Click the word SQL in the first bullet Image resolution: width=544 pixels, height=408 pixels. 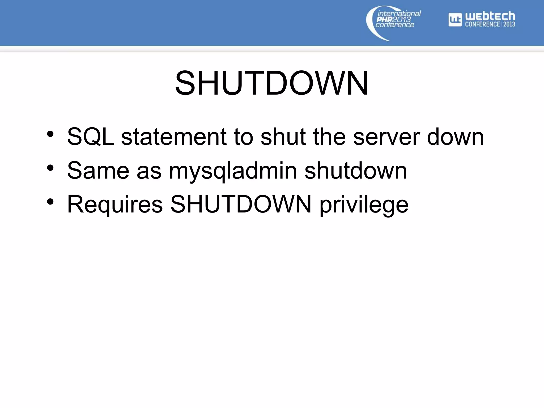(91, 137)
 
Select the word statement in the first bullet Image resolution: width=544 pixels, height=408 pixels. (174, 137)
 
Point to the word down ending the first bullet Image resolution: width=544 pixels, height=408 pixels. (455, 137)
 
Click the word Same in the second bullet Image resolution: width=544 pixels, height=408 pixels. (98, 171)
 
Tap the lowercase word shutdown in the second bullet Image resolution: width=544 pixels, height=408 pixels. (356, 171)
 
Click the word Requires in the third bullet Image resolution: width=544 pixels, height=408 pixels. (115, 205)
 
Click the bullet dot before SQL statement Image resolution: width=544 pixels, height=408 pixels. (50, 134)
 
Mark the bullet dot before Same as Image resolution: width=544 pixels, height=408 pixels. (50, 168)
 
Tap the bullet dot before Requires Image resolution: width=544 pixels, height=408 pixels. (50, 202)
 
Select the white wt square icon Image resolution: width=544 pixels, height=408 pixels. (455, 20)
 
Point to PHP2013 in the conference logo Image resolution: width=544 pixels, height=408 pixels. (394, 19)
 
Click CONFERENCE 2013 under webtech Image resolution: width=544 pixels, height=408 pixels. (490, 24)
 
